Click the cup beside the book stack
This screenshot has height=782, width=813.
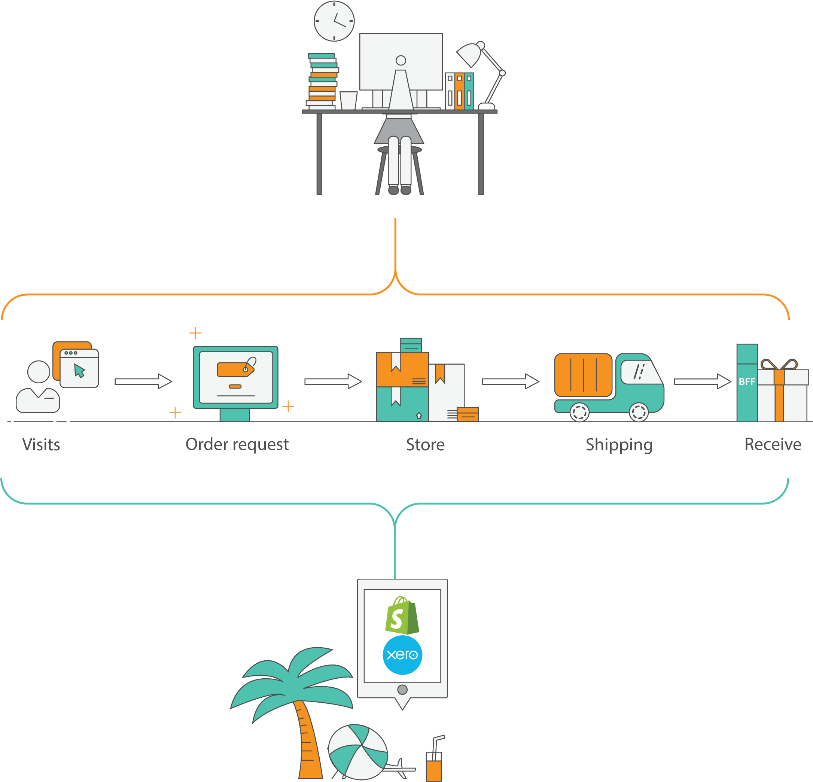(x=348, y=100)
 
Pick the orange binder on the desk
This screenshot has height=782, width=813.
(x=459, y=91)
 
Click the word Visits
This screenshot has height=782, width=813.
(x=41, y=444)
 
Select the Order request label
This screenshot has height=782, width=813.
(x=237, y=444)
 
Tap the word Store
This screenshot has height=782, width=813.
(x=425, y=444)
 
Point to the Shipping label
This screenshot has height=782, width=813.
(x=619, y=444)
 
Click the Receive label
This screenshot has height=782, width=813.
(x=773, y=444)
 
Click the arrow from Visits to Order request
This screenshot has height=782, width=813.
(x=143, y=381)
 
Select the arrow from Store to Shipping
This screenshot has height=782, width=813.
(x=510, y=381)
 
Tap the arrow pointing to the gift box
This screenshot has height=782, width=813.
(x=702, y=381)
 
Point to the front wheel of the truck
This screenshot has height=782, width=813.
(x=638, y=412)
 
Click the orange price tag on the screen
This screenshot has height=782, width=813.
(x=235, y=369)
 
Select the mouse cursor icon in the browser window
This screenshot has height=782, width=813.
(x=79, y=371)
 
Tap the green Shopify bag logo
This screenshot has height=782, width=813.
(x=402, y=616)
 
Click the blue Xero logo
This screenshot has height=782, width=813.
(x=402, y=655)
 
